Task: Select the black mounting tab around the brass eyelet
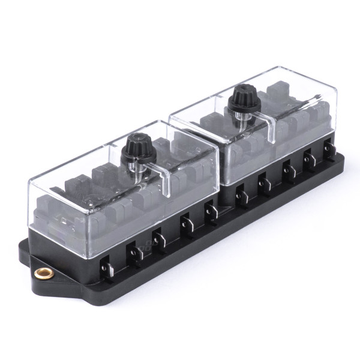click(x=36, y=264)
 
